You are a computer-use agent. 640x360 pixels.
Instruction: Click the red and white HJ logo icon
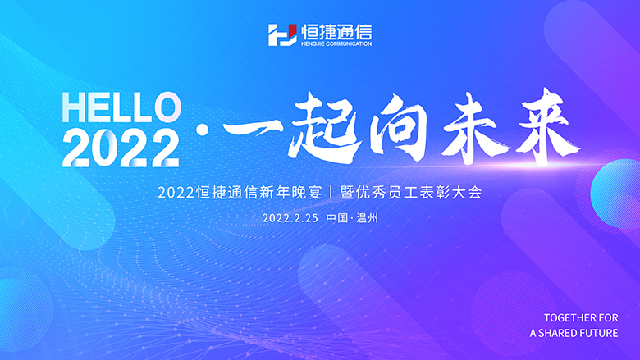point(282,35)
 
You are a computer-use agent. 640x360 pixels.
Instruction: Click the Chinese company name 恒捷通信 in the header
point(336,31)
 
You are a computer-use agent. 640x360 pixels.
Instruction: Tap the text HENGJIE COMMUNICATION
point(336,43)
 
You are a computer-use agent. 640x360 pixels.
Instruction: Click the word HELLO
point(121,107)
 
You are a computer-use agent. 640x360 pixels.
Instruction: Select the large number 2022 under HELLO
point(121,148)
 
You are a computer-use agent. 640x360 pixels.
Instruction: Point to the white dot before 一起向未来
point(202,130)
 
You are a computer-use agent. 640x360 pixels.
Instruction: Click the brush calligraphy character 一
point(252,130)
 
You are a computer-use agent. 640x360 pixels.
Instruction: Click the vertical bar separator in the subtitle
point(331,193)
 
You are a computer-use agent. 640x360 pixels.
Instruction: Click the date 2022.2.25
point(290,218)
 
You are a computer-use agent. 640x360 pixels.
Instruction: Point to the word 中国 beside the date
point(336,218)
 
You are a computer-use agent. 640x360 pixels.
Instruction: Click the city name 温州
point(368,218)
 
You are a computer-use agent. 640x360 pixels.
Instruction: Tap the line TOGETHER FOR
point(581,317)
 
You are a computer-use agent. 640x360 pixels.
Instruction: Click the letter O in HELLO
point(167,107)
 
